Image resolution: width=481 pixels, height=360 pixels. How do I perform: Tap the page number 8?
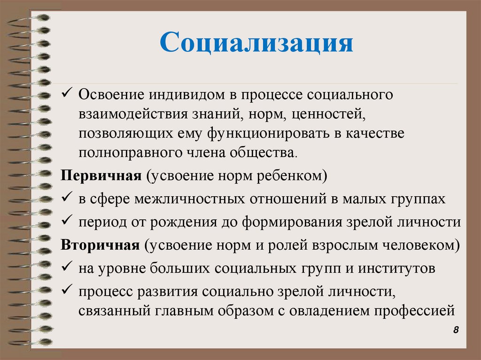point(456,330)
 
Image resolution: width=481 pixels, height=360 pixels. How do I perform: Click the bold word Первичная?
point(101,176)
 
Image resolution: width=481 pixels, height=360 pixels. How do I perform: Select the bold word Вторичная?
point(100,245)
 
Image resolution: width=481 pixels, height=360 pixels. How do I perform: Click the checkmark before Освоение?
point(65,93)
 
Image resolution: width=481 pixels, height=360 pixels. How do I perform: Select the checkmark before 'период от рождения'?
point(65,221)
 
